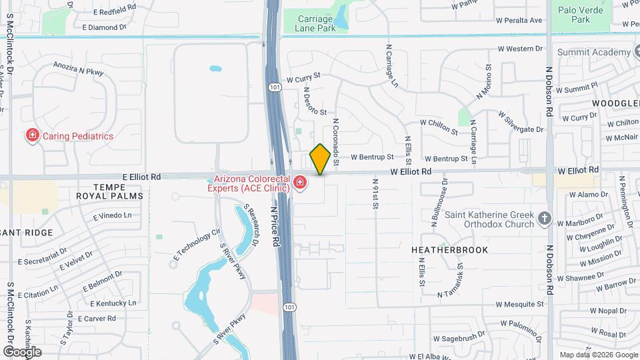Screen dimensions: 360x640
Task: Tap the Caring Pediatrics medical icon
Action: point(31,136)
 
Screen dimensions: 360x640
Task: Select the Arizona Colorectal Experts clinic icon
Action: point(300,182)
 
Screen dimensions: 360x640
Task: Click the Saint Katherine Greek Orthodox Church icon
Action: point(545,218)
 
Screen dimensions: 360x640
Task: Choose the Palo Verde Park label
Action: point(581,15)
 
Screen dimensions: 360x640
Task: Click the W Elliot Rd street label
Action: point(411,172)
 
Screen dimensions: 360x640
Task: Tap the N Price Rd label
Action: point(274,227)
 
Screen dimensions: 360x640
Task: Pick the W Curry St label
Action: point(304,78)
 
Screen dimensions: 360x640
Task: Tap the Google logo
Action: point(22,352)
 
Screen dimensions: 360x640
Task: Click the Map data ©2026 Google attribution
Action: point(598,355)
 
